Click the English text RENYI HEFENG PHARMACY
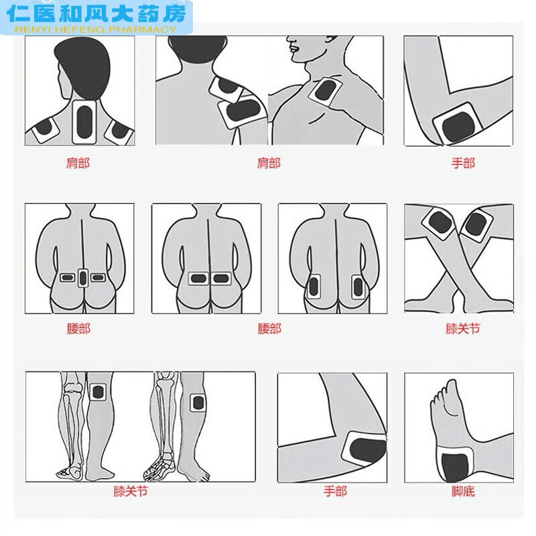[x=94, y=29]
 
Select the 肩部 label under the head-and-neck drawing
[x=78, y=163]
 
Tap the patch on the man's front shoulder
[x=326, y=90]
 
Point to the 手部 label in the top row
[x=462, y=163]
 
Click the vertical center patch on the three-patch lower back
[x=82, y=277]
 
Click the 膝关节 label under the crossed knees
[x=462, y=329]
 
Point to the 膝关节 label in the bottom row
[x=131, y=491]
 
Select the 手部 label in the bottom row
[x=335, y=491]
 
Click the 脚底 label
[x=462, y=491]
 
